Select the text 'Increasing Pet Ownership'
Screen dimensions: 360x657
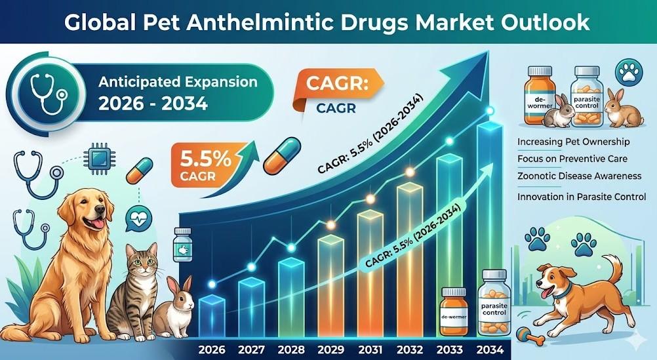tap(573, 142)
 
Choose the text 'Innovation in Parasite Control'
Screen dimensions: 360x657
tap(581, 196)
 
